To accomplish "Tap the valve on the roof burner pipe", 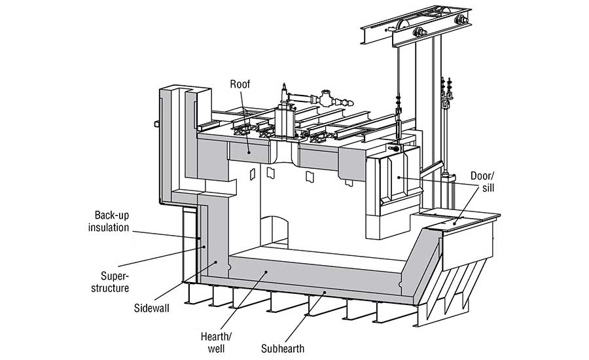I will point(327,99).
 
